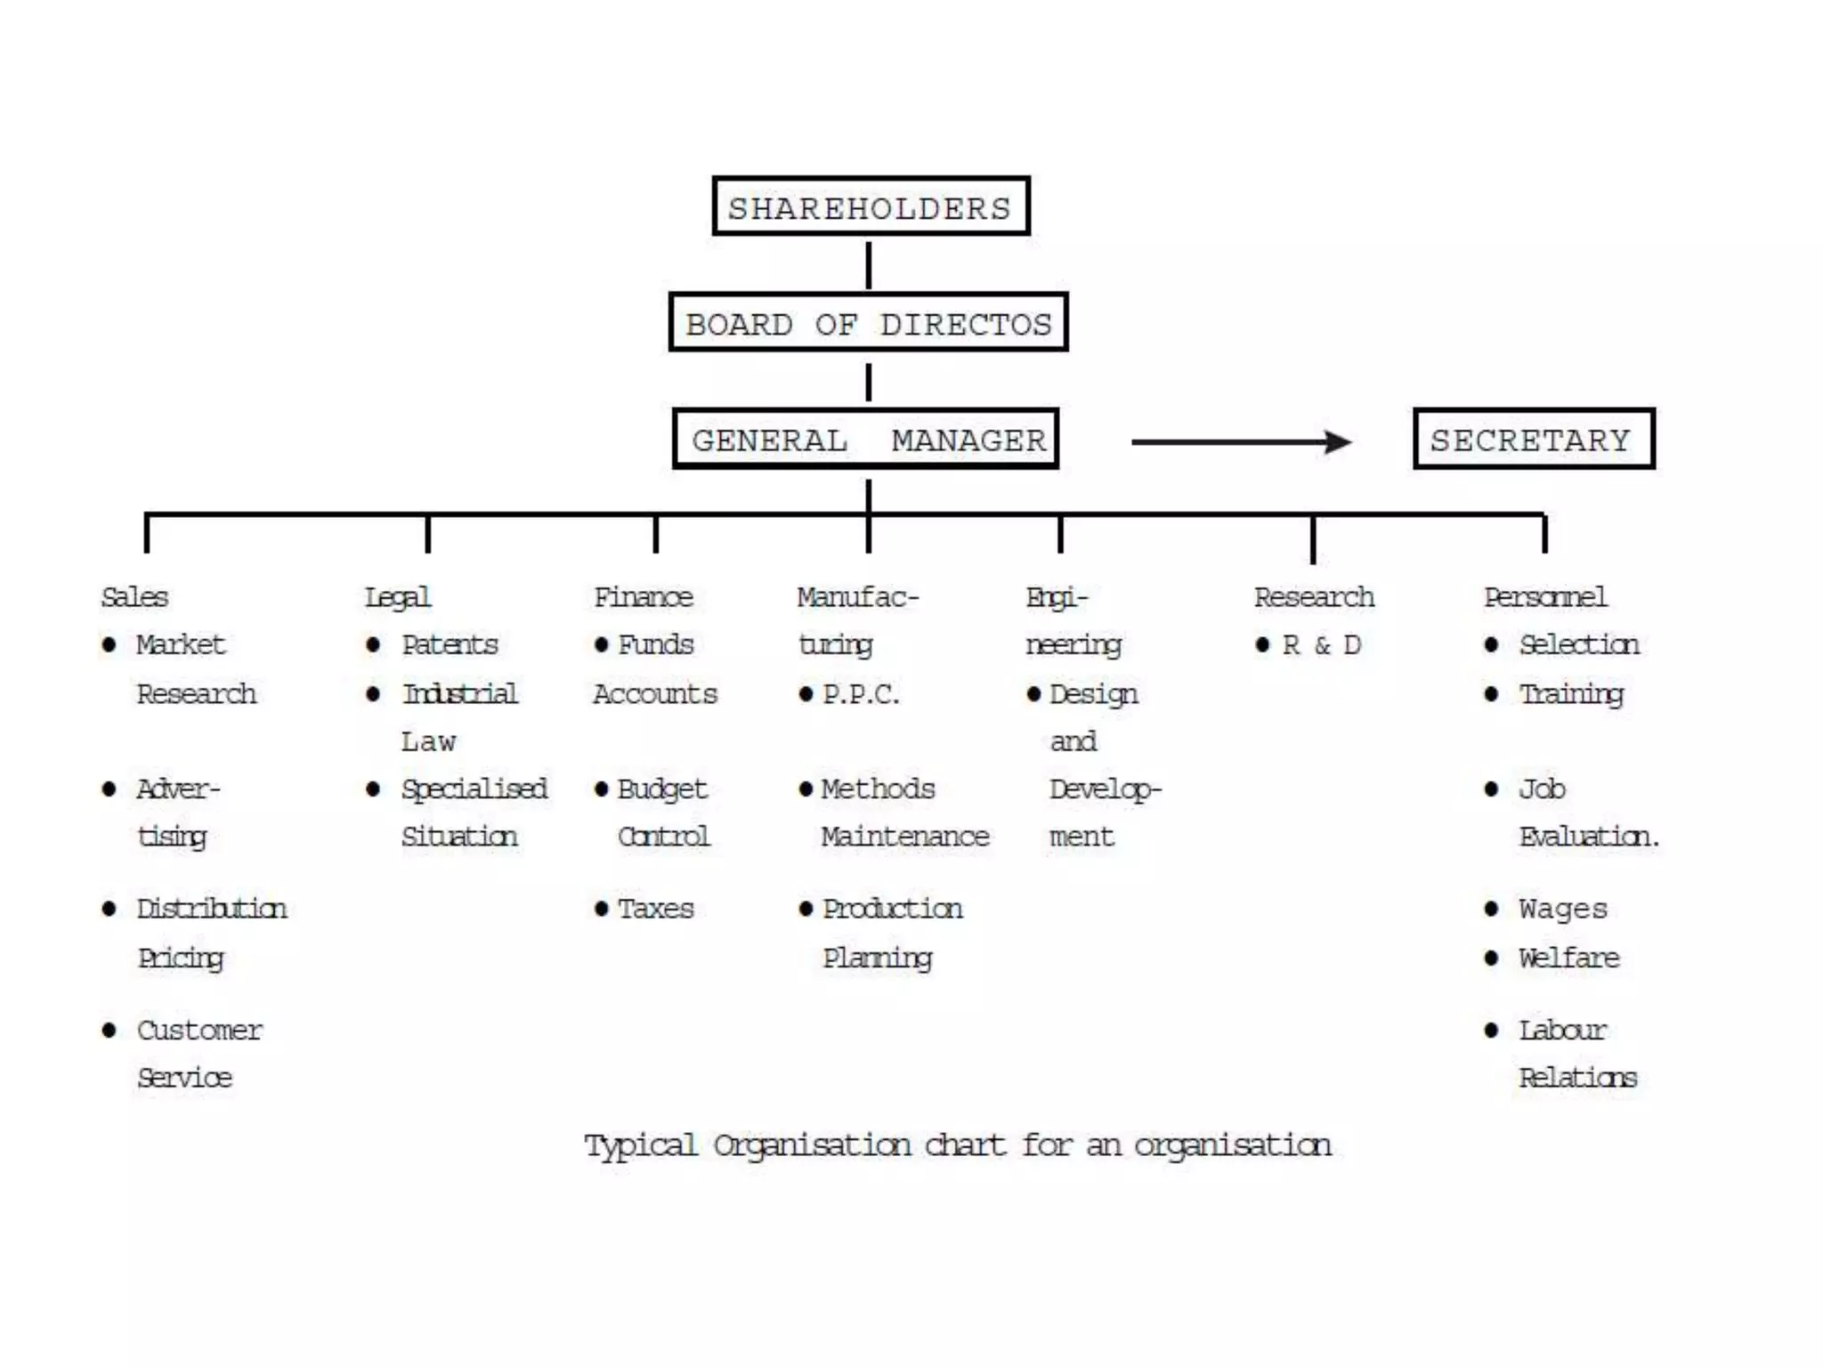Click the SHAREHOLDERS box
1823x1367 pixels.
[x=871, y=206]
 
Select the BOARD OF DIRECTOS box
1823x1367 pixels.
[x=868, y=322]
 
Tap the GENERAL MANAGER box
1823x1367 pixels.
[x=866, y=439]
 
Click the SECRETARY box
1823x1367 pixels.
[x=1534, y=439]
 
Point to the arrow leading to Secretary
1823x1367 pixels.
[x=1242, y=441]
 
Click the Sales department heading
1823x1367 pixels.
[x=134, y=597]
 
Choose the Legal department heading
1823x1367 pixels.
[x=398, y=597]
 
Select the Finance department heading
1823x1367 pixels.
[x=643, y=597]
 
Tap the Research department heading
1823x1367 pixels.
[x=1314, y=597]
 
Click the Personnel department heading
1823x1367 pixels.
[x=1545, y=597]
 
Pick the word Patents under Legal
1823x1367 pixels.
[x=450, y=645]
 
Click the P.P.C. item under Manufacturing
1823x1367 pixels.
[x=861, y=694]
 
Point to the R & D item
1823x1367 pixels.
[x=1321, y=645]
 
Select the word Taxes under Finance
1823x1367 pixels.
[x=655, y=909]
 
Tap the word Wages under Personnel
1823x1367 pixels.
[x=1563, y=909]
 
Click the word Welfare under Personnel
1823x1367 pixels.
[x=1568, y=958]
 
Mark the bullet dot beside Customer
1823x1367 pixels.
[x=109, y=1031]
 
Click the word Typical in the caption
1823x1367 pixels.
[x=640, y=1145]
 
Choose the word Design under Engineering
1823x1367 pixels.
[x=1093, y=694]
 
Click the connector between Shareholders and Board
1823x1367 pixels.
[x=869, y=264]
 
